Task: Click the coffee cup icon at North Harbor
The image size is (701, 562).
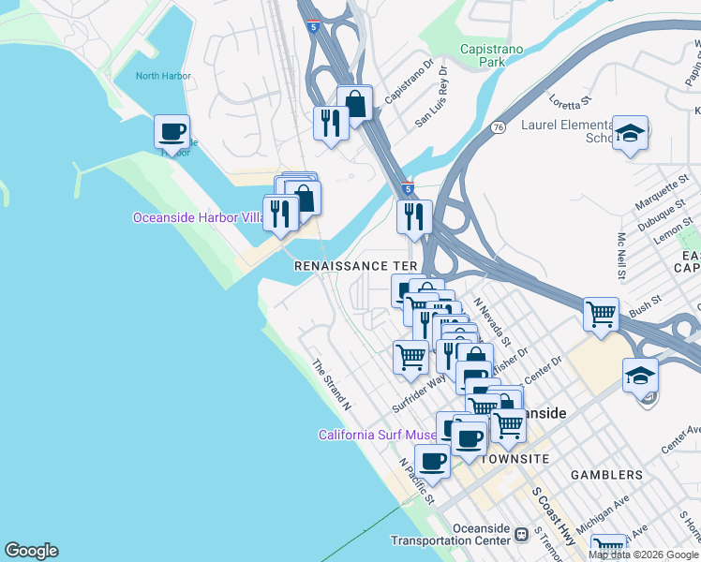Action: pyautogui.click(x=172, y=131)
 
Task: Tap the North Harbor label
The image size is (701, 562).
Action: pyautogui.click(x=163, y=76)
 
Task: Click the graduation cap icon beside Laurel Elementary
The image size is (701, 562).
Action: pyautogui.click(x=631, y=132)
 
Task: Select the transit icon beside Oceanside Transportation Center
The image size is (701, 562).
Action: pyautogui.click(x=520, y=536)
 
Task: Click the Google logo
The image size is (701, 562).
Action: pyautogui.click(x=31, y=551)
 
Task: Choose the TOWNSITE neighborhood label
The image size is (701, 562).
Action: pyautogui.click(x=515, y=461)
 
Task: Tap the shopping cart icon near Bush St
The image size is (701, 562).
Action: pyautogui.click(x=601, y=313)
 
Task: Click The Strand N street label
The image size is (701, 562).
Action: pyautogui.click(x=331, y=387)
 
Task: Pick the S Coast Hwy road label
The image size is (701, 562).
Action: pyautogui.click(x=550, y=510)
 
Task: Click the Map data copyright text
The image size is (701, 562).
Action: pyautogui.click(x=643, y=555)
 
